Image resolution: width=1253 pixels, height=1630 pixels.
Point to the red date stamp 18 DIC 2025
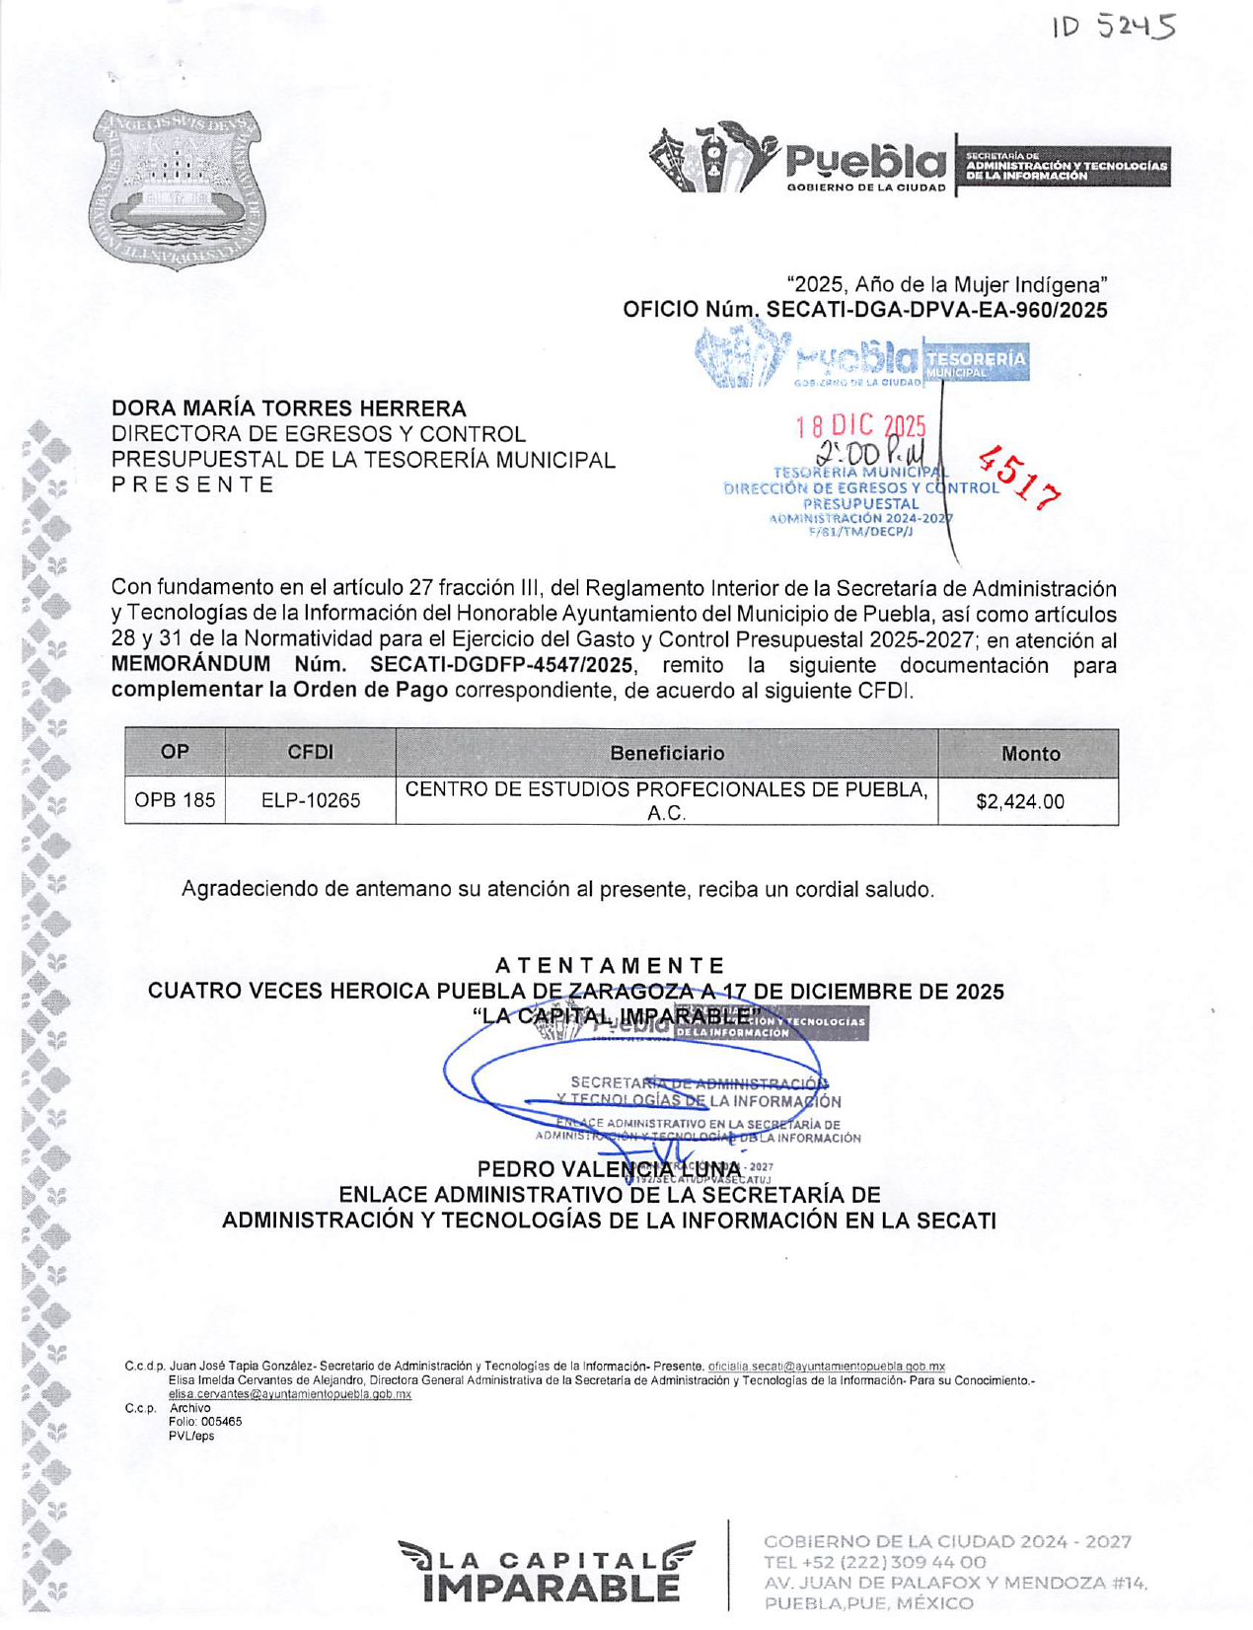pos(860,426)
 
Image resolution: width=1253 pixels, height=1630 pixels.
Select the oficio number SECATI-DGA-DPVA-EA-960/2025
pos(936,310)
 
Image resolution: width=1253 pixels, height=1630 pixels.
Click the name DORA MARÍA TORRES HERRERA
pos(288,407)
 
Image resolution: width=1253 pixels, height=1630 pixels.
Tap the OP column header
pos(175,752)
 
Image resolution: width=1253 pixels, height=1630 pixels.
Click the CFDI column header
pos(310,752)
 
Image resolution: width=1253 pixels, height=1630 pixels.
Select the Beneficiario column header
pos(666,753)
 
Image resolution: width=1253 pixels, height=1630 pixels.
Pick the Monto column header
pos(1030,754)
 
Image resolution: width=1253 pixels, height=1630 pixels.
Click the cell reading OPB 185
pos(175,800)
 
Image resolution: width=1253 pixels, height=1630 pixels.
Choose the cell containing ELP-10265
pos(310,800)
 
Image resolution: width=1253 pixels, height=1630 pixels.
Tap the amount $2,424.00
pos(1020,801)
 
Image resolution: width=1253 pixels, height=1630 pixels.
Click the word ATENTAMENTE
pos(610,965)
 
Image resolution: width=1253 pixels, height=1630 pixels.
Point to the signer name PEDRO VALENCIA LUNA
pos(609,1170)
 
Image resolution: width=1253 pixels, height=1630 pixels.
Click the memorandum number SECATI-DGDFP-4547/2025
pos(502,664)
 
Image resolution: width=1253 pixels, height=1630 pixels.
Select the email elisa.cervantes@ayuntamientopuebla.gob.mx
pos(290,1394)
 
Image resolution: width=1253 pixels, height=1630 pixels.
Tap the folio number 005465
pos(221,1422)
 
